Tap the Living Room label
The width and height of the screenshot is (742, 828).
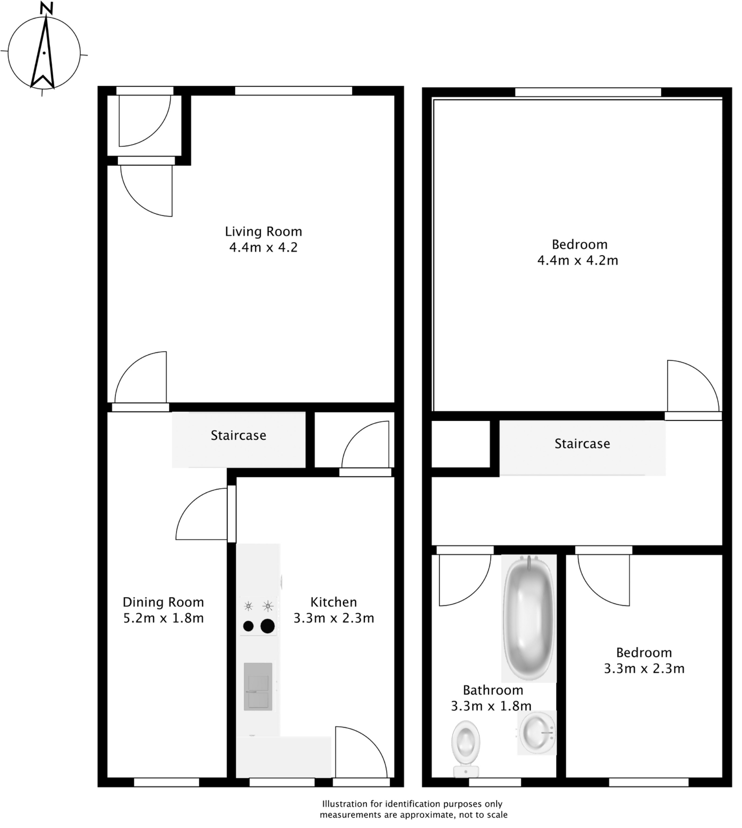point(263,232)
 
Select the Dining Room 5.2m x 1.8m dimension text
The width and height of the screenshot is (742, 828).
point(163,618)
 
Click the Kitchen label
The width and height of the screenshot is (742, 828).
point(334,602)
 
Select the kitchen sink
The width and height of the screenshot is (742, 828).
point(258,687)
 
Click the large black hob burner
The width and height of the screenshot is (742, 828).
point(267,626)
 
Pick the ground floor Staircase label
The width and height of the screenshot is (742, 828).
point(238,435)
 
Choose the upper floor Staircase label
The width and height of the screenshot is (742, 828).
point(582,444)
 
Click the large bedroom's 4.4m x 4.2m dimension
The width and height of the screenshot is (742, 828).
point(578,260)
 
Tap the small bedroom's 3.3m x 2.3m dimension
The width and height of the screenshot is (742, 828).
point(644,668)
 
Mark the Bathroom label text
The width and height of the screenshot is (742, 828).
point(493,690)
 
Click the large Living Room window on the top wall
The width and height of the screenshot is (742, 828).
point(293,90)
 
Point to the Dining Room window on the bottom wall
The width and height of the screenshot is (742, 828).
point(166,782)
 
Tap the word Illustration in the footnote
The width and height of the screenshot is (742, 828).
point(344,804)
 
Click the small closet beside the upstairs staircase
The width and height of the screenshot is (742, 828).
point(461,444)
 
